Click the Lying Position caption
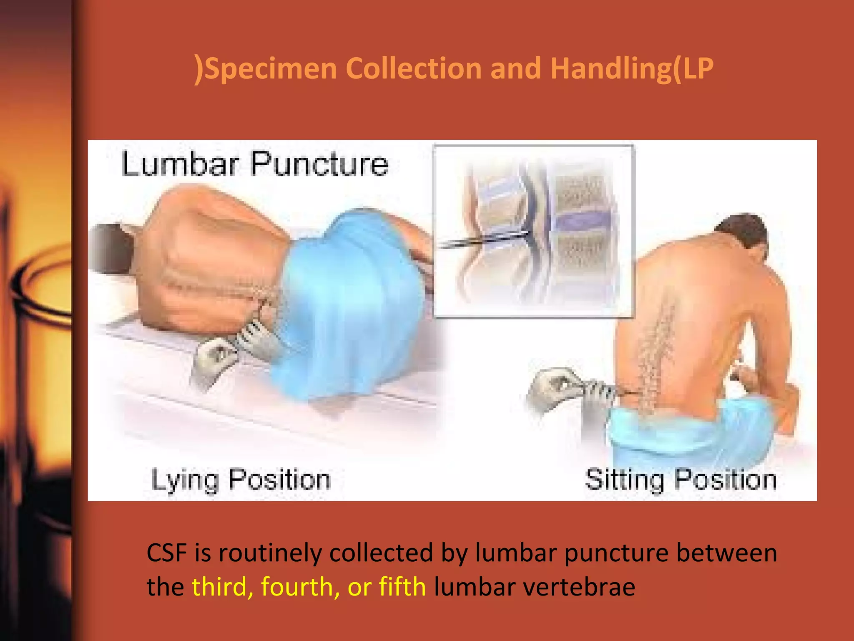click(241, 480)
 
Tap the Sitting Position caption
click(681, 480)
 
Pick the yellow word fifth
click(402, 586)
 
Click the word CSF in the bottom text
click(166, 553)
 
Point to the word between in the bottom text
click(726, 553)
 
